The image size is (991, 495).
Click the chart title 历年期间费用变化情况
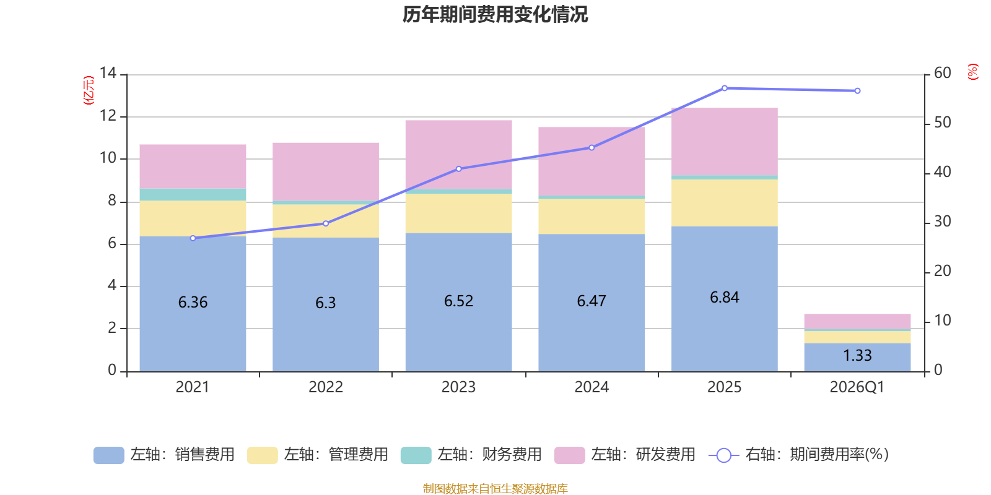pyautogui.click(x=495, y=15)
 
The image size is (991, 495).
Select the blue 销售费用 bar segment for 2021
pyautogui.click(x=193, y=304)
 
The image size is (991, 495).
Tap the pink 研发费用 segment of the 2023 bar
pyautogui.click(x=459, y=155)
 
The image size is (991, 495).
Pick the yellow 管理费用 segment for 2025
pyautogui.click(x=725, y=203)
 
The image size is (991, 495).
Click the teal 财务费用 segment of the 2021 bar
pyautogui.click(x=193, y=194)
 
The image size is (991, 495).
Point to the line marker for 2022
pyautogui.click(x=326, y=223)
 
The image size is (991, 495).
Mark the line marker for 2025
pyautogui.click(x=725, y=88)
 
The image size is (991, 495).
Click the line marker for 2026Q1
pyautogui.click(x=857, y=91)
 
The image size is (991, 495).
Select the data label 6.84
pyautogui.click(x=725, y=298)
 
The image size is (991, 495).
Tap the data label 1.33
pyautogui.click(x=857, y=355)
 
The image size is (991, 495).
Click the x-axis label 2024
pyautogui.click(x=592, y=387)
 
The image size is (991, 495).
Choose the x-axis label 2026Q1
pyautogui.click(x=857, y=387)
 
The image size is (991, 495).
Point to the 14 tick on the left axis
pyautogui.click(x=108, y=73)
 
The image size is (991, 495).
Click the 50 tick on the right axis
pyautogui.click(x=942, y=123)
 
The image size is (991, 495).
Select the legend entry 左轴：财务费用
pyautogui.click(x=471, y=455)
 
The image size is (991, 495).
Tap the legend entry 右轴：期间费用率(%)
pyautogui.click(x=798, y=455)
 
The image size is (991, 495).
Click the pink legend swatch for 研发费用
pyautogui.click(x=569, y=455)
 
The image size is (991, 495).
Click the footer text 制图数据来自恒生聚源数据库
pyautogui.click(x=495, y=488)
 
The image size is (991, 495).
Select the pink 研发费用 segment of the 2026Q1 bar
pyautogui.click(x=857, y=322)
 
